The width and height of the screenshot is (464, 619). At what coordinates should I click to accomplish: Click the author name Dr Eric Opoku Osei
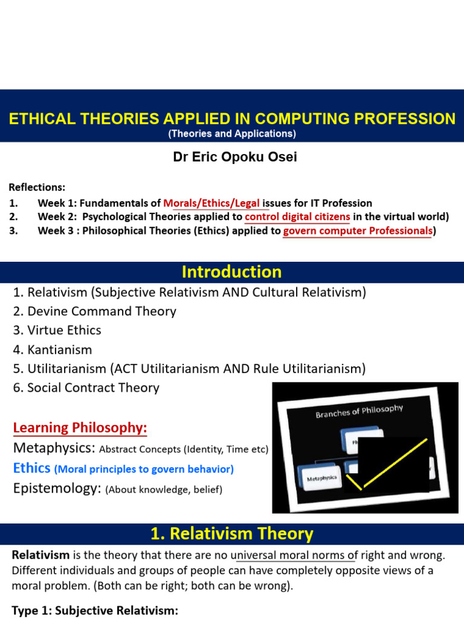pos(235,157)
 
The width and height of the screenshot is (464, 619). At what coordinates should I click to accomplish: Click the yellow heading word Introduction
pos(232,272)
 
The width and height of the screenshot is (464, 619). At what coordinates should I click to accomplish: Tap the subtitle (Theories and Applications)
pos(232,134)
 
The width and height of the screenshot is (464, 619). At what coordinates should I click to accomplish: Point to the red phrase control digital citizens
pos(298,216)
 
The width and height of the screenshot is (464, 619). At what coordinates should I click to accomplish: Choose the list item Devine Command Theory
pos(94,311)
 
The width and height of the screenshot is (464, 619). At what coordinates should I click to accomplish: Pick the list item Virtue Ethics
pos(57,330)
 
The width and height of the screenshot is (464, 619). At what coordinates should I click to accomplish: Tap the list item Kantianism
pos(53,349)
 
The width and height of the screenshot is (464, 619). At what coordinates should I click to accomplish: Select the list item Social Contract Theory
pos(86,387)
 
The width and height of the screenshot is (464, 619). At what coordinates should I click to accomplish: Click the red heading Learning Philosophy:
pos(80,428)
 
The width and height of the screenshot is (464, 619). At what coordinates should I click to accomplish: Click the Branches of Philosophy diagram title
pos(359,412)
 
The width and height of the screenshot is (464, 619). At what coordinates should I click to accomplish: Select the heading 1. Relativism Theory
pos(232,534)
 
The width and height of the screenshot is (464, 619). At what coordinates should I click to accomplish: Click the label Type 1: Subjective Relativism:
pos(95,611)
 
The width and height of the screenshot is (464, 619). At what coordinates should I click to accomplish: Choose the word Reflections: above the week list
pos(37,187)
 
